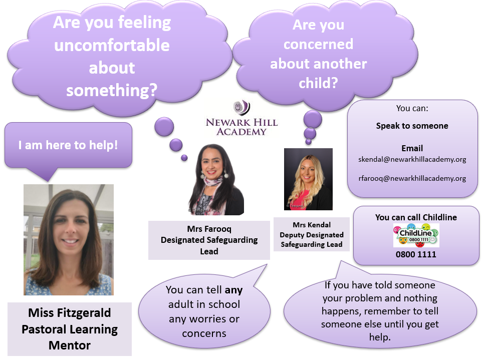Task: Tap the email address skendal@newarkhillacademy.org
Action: (412, 160)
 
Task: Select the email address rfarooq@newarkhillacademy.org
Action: (412, 179)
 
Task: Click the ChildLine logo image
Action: (416, 235)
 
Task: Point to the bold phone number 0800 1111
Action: (416, 254)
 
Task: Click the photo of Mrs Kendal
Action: (308, 179)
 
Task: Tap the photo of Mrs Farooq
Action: (216, 180)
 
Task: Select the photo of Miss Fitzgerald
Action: (69, 240)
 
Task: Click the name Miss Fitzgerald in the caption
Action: (70, 313)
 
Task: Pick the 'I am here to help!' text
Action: (68, 145)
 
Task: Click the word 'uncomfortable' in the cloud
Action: (112, 45)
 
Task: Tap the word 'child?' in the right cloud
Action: (318, 83)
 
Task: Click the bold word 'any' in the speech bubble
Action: (233, 290)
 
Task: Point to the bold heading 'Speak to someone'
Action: (412, 126)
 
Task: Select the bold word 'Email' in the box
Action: (412, 148)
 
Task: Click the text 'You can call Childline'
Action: (416, 217)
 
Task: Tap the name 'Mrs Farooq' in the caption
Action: (209, 229)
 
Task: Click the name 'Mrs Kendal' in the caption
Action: (312, 225)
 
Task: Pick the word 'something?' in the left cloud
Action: (112, 91)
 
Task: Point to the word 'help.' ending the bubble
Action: (380, 337)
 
